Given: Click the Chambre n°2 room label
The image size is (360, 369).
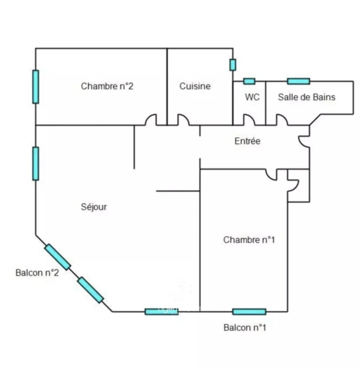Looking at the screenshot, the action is [x=107, y=86].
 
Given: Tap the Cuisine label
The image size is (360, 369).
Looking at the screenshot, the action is [x=195, y=86].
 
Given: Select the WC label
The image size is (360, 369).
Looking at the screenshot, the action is [x=252, y=97].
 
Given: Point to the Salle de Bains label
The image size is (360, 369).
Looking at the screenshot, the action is [x=307, y=97].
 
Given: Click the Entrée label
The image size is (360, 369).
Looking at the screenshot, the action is [x=248, y=141].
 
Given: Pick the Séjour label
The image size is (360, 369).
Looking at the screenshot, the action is [x=94, y=207].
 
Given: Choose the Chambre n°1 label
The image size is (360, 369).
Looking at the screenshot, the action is [x=249, y=240].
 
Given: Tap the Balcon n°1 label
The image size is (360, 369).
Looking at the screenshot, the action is [x=245, y=328].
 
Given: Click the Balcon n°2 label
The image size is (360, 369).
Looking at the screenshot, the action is [x=37, y=272].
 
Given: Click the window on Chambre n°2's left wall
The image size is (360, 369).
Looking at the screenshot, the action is [x=36, y=87].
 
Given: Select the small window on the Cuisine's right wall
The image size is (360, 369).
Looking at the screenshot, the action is [x=233, y=65].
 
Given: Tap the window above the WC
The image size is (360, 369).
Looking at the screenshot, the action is [x=249, y=81].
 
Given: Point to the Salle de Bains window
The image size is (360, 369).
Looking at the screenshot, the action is [x=299, y=81].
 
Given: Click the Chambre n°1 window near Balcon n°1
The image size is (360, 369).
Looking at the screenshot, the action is [x=249, y=312].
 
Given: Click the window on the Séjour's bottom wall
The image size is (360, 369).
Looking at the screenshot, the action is [x=162, y=312].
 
